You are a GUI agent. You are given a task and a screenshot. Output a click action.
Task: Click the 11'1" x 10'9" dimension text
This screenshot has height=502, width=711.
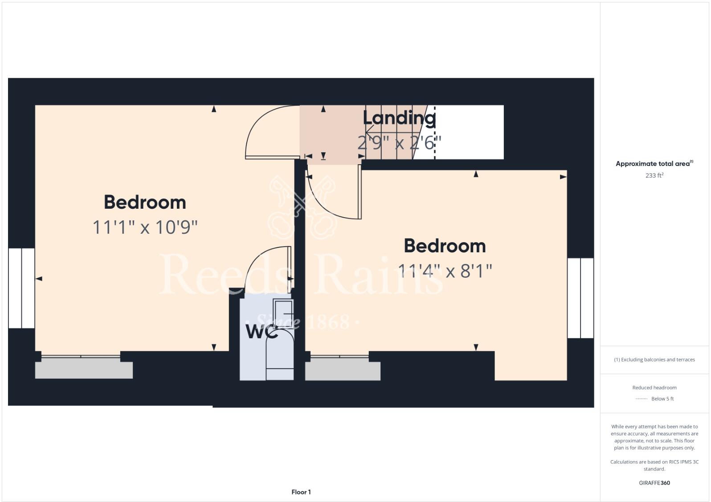(145, 227)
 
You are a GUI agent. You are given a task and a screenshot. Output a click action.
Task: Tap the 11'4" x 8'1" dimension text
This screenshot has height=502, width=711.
(445, 271)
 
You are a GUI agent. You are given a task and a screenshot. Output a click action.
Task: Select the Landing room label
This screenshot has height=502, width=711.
(399, 118)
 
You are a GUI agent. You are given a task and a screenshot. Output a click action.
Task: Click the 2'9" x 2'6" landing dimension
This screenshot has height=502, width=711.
(399, 143)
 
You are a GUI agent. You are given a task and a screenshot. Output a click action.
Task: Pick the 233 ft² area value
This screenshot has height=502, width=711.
(654, 175)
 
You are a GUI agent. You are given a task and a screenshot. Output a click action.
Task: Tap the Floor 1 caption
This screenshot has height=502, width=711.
(301, 492)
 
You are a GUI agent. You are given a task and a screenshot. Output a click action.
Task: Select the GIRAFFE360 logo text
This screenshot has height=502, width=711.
(654, 483)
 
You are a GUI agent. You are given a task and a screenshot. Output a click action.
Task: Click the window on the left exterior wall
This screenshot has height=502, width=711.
(21, 288)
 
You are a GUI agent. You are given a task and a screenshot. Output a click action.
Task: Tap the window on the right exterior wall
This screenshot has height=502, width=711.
(580, 298)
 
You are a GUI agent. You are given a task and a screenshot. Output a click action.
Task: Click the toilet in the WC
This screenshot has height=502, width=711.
(280, 352)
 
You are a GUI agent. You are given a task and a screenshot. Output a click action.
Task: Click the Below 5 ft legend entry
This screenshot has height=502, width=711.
(662, 399)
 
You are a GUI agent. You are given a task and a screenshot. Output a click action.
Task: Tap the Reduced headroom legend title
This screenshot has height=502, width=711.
(654, 388)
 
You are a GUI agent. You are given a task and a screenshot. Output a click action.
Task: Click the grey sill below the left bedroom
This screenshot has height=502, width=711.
(84, 370)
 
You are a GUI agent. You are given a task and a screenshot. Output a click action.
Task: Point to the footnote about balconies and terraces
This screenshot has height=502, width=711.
(654, 360)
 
